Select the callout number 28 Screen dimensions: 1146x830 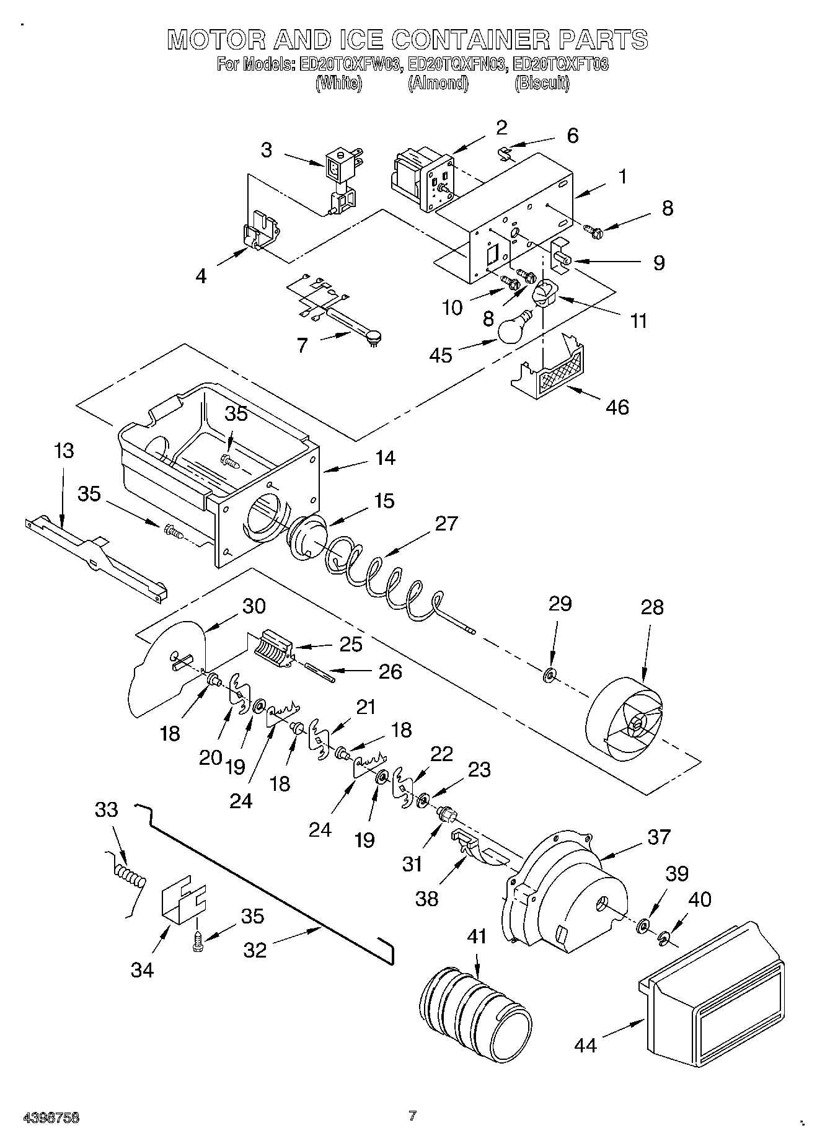click(653, 607)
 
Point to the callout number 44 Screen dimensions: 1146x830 click(585, 1046)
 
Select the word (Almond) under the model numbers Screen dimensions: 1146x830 click(438, 84)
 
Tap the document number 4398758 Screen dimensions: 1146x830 click(51, 1117)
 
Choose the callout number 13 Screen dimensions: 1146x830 click(64, 451)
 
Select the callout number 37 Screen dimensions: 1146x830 click(659, 837)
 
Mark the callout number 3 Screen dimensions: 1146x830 click(266, 150)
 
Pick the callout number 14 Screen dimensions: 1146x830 click(384, 458)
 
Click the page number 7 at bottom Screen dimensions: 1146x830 click(412, 1116)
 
